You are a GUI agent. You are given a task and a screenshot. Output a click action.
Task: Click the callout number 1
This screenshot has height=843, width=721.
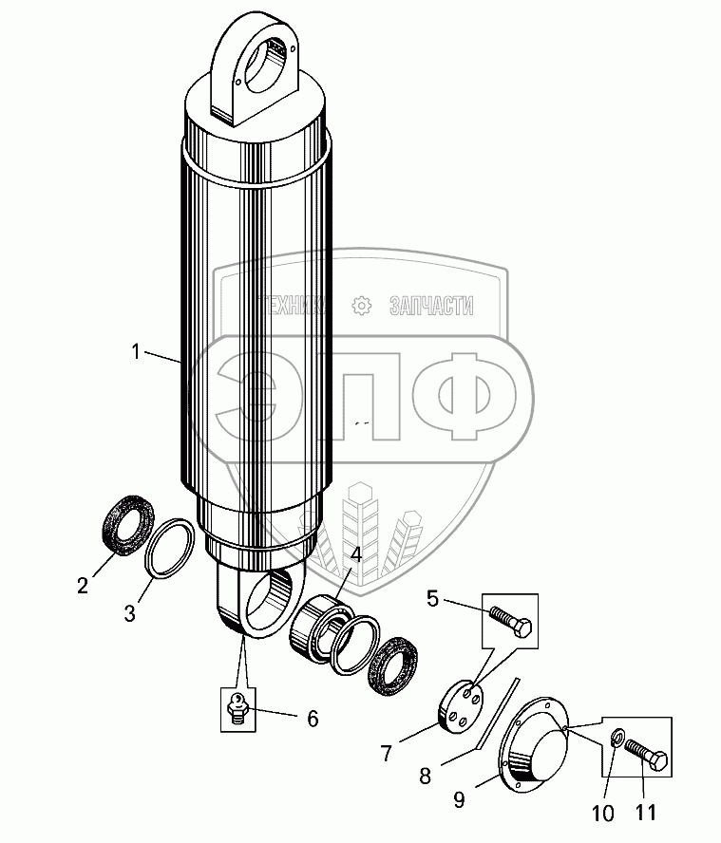[137, 352]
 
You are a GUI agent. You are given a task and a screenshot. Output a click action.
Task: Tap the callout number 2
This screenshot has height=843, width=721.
[84, 586]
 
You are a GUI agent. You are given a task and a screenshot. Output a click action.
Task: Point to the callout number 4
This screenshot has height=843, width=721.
[355, 553]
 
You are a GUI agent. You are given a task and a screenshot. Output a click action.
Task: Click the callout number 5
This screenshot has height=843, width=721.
[432, 598]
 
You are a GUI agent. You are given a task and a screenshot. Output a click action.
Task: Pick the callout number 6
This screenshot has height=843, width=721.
[312, 718]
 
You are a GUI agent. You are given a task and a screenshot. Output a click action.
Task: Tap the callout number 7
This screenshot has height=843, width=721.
[387, 755]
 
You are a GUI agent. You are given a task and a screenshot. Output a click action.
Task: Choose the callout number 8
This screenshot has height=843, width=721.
[425, 776]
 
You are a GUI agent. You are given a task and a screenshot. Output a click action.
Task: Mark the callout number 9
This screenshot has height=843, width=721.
[459, 800]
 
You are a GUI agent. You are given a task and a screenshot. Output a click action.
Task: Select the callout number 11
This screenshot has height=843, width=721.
[645, 813]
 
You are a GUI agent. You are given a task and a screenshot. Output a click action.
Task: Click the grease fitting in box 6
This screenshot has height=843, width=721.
[237, 707]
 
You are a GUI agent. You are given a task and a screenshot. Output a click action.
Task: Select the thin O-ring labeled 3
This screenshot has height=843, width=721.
[171, 547]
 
